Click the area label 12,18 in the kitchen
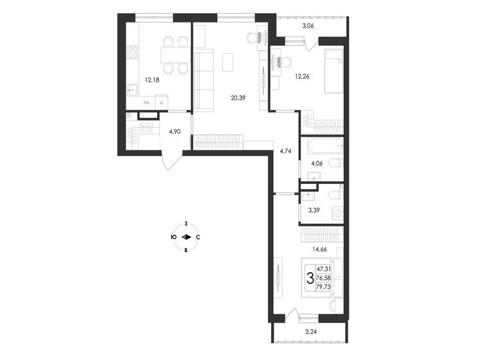click(152, 80)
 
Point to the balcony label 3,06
click(308, 26)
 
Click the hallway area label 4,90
click(175, 131)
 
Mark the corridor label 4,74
click(286, 152)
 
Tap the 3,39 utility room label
click(314, 210)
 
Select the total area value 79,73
click(325, 287)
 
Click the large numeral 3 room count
click(310, 278)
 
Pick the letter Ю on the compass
click(173, 237)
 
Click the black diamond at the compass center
click(186, 237)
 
